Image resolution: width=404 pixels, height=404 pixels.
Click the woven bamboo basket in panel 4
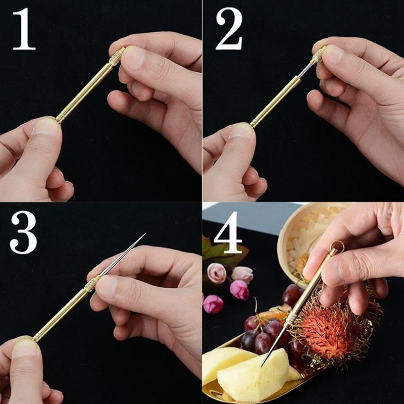(x=303, y=237)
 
